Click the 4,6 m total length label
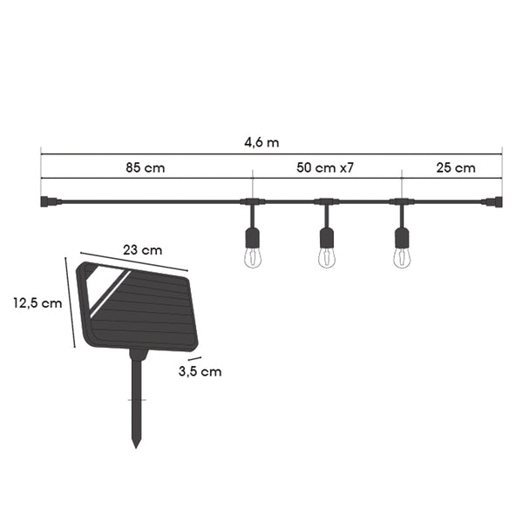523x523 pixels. [x=261, y=143]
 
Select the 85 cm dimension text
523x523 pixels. [x=146, y=167]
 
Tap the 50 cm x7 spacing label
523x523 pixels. [x=325, y=167]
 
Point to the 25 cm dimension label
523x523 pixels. [x=456, y=167]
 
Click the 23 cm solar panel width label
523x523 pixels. [x=142, y=250]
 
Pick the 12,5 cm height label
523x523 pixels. [x=37, y=303]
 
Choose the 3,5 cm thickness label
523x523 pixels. [x=200, y=371]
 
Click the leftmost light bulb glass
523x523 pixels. [x=253, y=257]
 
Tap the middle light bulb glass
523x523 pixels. [x=327, y=257]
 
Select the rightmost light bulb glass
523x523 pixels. [x=402, y=257]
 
